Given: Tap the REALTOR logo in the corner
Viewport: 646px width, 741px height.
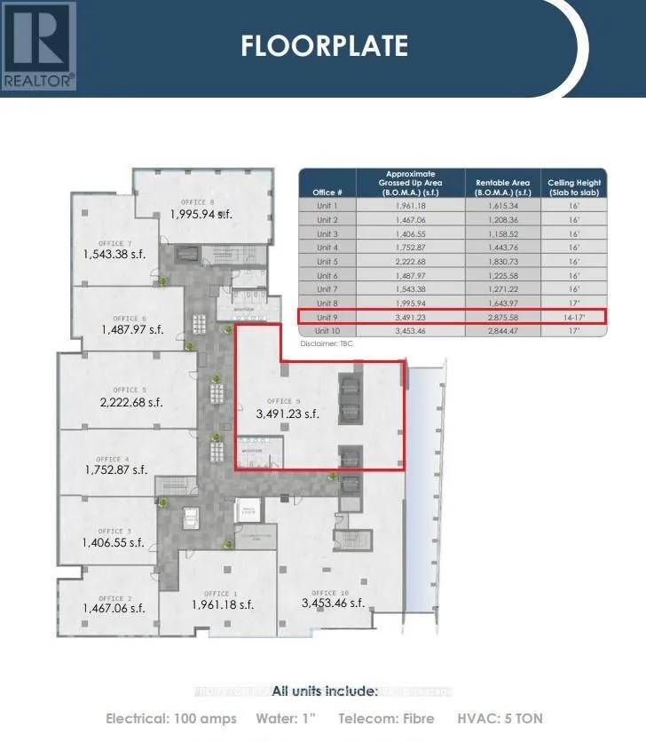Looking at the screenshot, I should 39,45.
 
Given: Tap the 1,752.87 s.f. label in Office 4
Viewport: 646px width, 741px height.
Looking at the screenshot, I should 115,470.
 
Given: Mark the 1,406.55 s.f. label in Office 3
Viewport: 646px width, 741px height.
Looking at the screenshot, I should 114,542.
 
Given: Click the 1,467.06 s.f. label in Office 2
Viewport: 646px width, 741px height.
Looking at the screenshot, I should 114,608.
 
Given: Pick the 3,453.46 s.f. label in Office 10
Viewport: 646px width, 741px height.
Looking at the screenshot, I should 333,603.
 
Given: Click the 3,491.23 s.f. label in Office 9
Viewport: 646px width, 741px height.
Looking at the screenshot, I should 287,414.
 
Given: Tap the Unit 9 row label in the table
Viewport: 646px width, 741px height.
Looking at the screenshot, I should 327,316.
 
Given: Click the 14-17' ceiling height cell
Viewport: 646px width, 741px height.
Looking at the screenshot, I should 574,316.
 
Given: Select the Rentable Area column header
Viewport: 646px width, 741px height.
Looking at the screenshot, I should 501,187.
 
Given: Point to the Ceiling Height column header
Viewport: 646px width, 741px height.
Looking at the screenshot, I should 574,187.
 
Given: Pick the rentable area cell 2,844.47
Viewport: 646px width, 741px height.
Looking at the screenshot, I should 501,329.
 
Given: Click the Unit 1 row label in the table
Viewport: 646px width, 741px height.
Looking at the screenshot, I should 327,205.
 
